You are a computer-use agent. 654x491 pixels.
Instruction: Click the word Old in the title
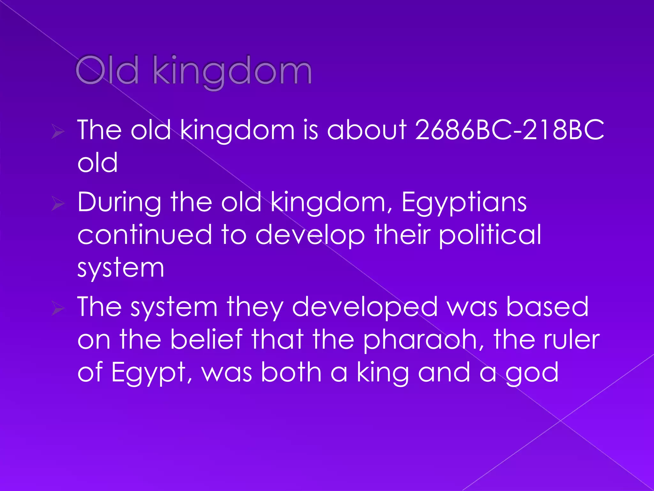point(107,70)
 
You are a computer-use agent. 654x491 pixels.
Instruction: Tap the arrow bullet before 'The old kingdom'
point(58,131)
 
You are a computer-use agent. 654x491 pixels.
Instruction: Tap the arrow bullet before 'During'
point(58,204)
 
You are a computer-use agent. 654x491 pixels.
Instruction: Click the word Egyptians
point(464,203)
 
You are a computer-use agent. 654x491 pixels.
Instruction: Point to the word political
point(490,235)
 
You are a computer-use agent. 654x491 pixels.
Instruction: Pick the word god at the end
point(532,373)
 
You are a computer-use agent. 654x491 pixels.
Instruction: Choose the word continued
point(145,235)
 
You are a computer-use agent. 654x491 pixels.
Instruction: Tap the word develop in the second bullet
point(310,235)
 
